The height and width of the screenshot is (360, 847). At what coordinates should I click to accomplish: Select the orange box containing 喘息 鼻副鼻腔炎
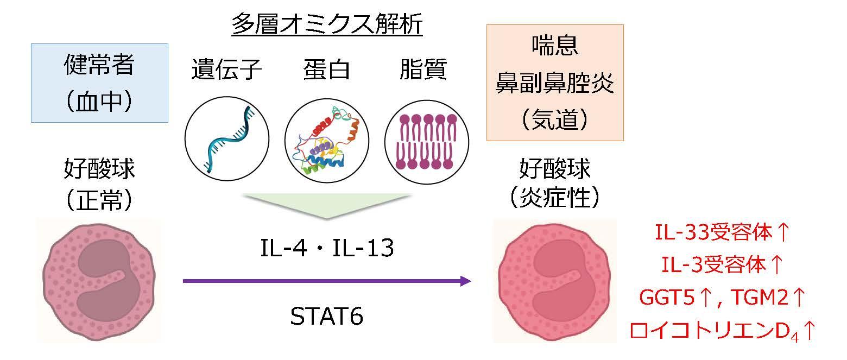coord(554,83)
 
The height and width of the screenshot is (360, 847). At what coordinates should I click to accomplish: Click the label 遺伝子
coord(227,71)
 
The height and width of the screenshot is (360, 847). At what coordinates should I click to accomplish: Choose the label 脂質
coord(423,71)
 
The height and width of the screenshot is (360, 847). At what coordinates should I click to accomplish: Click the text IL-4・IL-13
coord(326,249)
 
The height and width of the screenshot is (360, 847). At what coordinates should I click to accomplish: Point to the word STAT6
coord(326,317)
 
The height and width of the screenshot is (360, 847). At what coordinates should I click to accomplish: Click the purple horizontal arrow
coord(326,281)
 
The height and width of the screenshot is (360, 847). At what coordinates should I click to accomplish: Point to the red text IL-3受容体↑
coord(721,265)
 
